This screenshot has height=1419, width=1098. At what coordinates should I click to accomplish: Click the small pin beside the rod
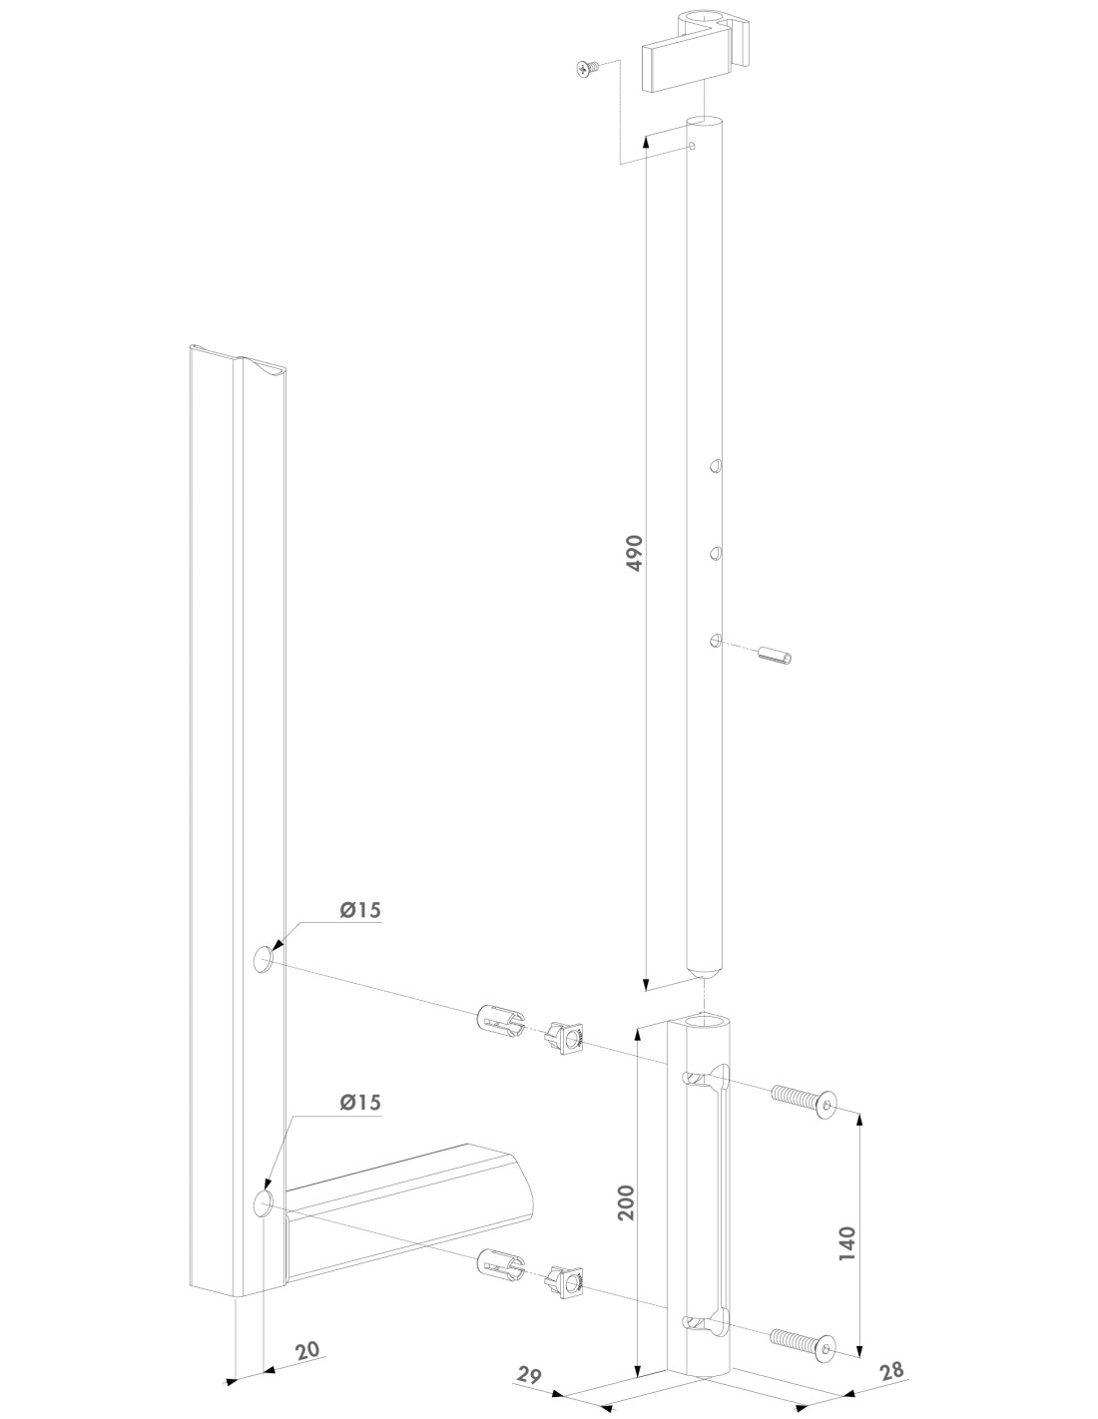[x=775, y=654]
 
